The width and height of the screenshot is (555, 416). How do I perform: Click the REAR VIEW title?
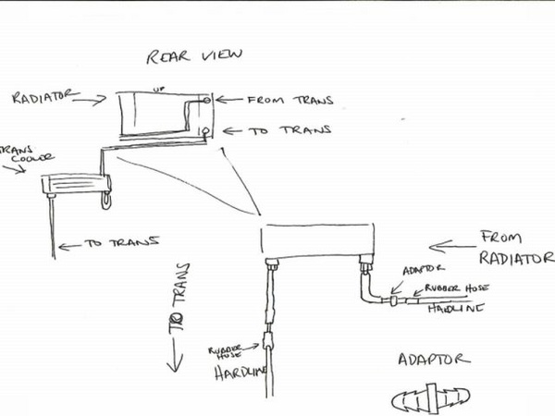[194, 56]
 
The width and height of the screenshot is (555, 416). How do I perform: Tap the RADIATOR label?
[45, 96]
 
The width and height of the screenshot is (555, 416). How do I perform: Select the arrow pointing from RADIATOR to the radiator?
[90, 100]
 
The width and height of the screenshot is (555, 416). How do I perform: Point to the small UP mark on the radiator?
[158, 89]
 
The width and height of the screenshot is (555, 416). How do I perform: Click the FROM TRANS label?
[290, 100]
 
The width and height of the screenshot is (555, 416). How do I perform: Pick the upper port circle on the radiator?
[206, 101]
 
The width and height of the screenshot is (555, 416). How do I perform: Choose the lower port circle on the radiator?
[206, 131]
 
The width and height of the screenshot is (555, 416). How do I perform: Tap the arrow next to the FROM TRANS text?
[229, 100]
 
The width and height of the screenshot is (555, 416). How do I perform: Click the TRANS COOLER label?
[28, 153]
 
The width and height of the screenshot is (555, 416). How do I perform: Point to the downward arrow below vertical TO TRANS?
[175, 354]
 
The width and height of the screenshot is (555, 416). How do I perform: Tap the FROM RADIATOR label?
[516, 248]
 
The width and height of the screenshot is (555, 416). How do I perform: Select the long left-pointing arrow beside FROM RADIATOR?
[452, 247]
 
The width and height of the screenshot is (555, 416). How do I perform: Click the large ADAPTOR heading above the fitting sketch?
[434, 360]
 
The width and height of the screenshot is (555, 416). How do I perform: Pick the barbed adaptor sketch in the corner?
[431, 399]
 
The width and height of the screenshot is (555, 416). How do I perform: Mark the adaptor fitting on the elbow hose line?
[393, 301]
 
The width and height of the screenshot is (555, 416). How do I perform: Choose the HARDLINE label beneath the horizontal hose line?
[456, 309]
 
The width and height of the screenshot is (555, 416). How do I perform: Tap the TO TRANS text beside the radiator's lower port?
[290, 130]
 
